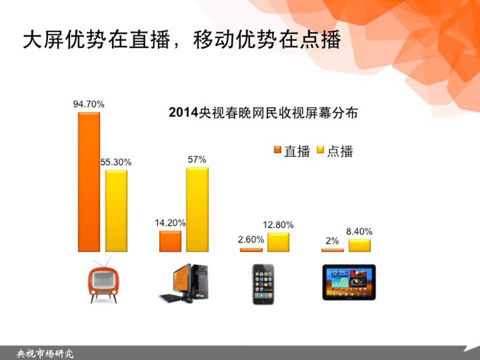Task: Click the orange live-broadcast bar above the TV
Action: click(x=89, y=182)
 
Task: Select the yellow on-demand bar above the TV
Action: click(x=116, y=211)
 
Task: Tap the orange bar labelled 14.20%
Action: click(x=170, y=241)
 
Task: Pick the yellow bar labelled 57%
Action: click(x=197, y=209)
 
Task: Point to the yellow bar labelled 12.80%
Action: click(x=278, y=242)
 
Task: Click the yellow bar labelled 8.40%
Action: click(x=359, y=245)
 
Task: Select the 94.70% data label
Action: click(x=89, y=104)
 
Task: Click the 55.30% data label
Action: click(x=116, y=162)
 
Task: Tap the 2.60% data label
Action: click(x=251, y=239)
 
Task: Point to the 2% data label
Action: click(x=332, y=241)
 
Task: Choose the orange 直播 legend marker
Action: click(x=277, y=149)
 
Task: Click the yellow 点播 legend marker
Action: click(x=320, y=149)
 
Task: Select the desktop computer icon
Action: click(x=183, y=283)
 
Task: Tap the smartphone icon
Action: click(x=263, y=284)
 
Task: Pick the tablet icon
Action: click(x=349, y=282)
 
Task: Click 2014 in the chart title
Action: click(x=183, y=112)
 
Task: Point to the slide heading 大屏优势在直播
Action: click(x=96, y=39)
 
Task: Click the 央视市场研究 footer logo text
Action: click(x=45, y=353)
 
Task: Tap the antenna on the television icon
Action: click(x=103, y=262)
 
